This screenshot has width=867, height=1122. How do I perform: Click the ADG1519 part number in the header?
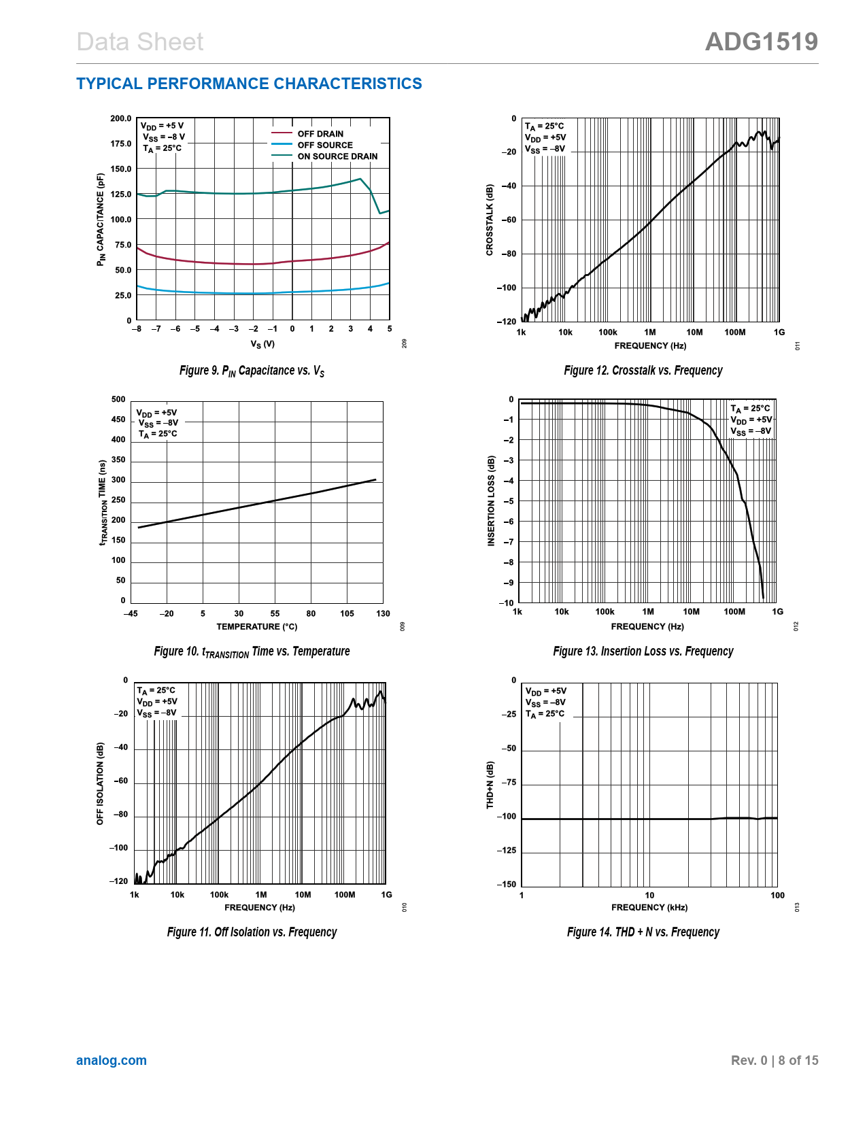(x=761, y=42)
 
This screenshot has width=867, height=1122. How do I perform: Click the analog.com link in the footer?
(x=112, y=1060)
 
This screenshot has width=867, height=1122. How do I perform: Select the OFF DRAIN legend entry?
(x=320, y=134)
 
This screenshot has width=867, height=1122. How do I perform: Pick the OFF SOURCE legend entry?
(x=325, y=145)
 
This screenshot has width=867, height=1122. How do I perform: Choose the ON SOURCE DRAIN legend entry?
(x=337, y=156)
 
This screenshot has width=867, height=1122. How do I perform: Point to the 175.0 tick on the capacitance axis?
(x=121, y=144)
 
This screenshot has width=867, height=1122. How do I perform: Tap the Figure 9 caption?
(x=252, y=371)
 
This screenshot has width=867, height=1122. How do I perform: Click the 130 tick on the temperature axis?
(x=383, y=613)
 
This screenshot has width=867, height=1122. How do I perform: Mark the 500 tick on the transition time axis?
(x=118, y=400)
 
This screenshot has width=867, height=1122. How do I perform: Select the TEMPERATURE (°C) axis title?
(x=256, y=627)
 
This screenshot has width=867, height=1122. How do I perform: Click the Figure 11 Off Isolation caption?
(x=252, y=932)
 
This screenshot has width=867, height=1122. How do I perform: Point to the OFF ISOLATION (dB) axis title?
(x=101, y=784)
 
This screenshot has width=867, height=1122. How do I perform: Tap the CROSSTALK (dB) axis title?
(x=490, y=220)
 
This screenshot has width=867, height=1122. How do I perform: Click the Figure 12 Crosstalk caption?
(x=643, y=371)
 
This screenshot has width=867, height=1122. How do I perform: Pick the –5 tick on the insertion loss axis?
(x=508, y=501)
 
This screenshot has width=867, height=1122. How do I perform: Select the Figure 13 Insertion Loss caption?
(x=643, y=651)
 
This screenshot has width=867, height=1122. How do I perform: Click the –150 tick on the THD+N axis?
(x=506, y=885)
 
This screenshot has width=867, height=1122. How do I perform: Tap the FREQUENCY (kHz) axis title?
(x=649, y=908)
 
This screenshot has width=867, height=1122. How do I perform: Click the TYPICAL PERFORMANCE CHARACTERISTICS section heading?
(x=249, y=84)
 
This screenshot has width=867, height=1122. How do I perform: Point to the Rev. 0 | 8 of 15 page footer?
(x=774, y=1061)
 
